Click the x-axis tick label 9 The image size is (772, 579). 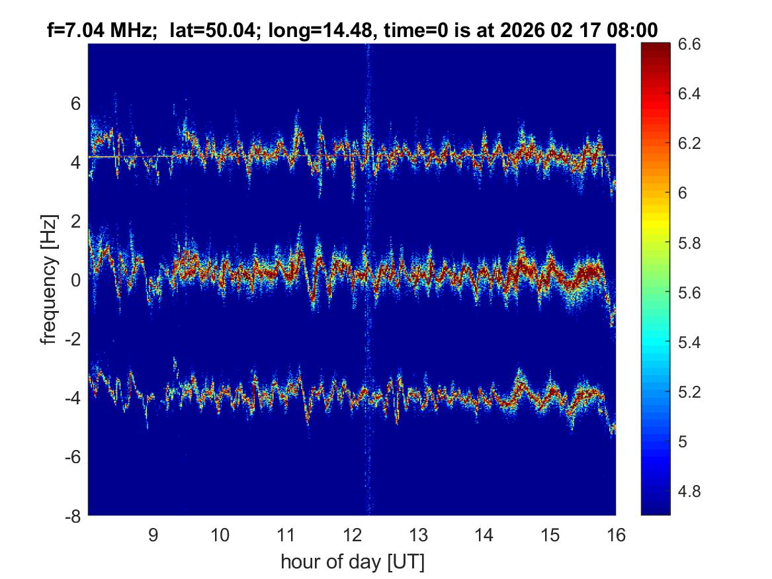coord(153,535)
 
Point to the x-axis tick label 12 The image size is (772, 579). coord(352,535)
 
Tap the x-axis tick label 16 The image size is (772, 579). coord(616,535)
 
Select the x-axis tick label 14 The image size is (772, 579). coord(484,535)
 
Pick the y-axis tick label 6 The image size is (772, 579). coord(76,103)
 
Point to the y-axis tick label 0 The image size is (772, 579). coord(76,280)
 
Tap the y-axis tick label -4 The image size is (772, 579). coord(73,398)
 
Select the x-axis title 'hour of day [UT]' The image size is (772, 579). coord(352,562)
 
